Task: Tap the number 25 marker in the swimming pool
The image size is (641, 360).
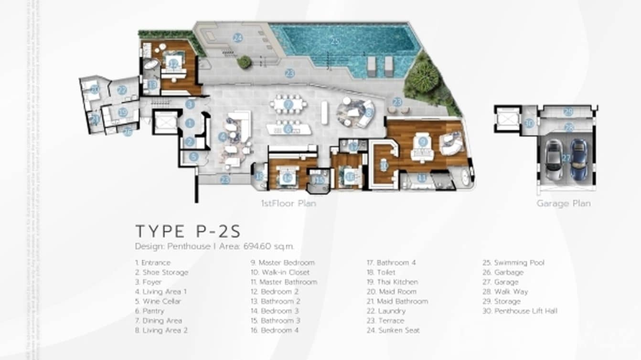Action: point(335,42)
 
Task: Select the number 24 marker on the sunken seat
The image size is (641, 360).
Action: point(237,38)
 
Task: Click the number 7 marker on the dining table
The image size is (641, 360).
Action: point(288,104)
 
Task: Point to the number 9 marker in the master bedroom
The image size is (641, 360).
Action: point(422,141)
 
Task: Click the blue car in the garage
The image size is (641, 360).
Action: point(578,159)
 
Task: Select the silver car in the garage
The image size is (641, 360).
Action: point(554,160)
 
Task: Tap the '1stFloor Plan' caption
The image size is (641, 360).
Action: point(288,203)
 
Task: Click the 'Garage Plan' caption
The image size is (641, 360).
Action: point(563,203)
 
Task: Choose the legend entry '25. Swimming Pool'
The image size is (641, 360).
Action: point(519,263)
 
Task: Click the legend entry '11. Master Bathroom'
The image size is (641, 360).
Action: point(284,282)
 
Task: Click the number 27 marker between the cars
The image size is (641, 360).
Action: point(566,158)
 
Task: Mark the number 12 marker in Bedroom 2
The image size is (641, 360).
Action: point(173,64)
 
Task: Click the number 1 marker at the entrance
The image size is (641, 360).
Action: point(190,123)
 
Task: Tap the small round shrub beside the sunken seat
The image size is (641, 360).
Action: point(244,62)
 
